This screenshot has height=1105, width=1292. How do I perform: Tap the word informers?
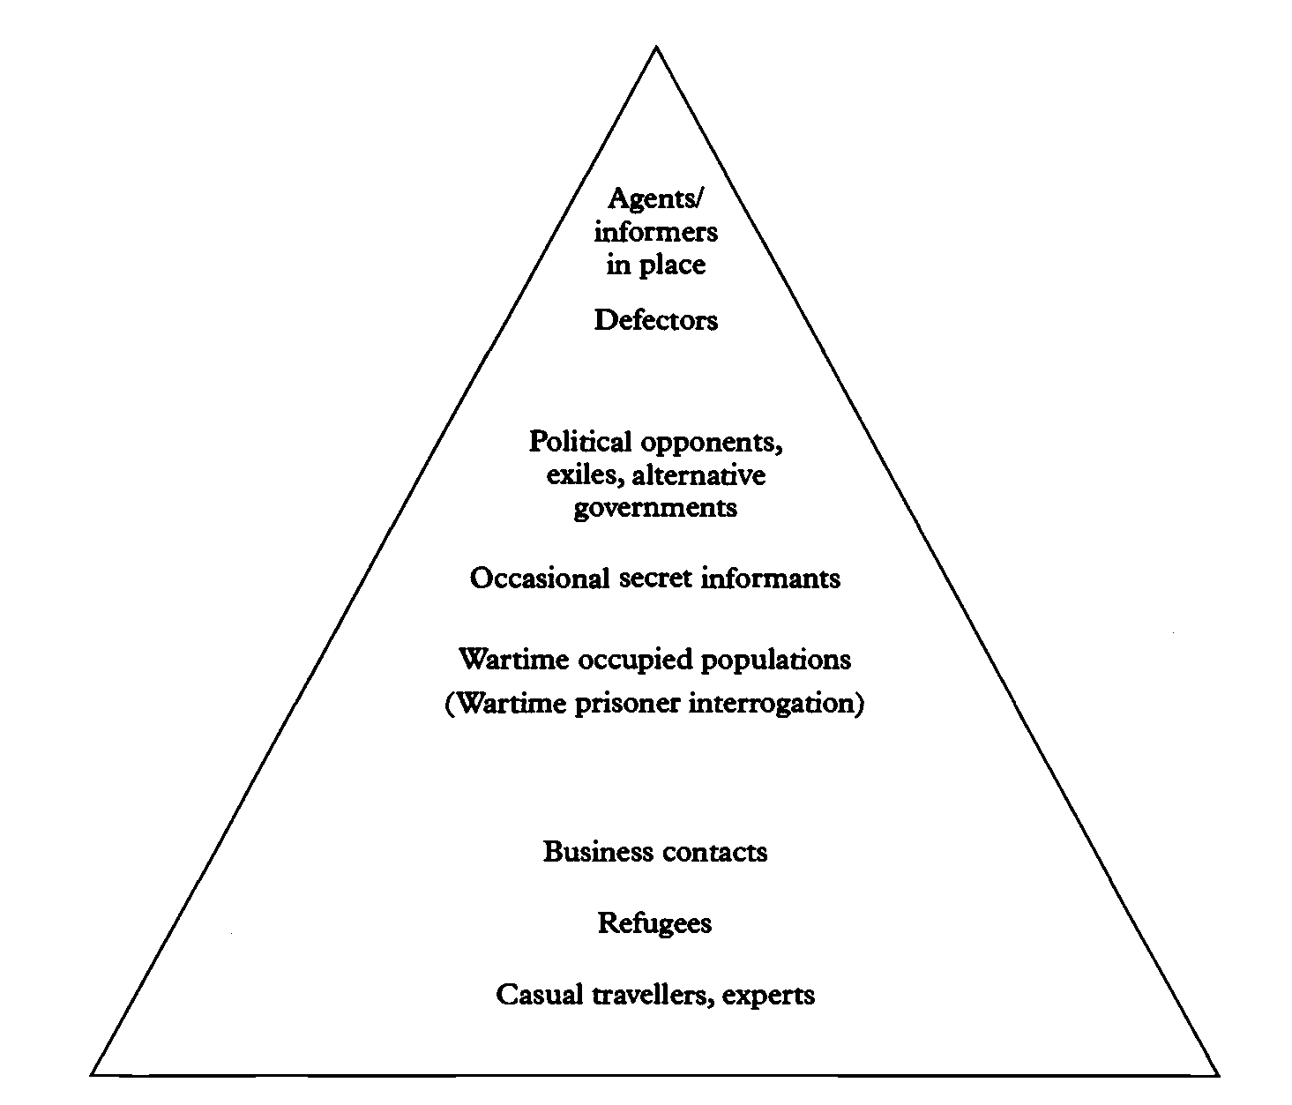655,232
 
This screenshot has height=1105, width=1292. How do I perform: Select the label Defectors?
655,320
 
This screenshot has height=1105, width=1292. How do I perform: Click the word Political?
580,441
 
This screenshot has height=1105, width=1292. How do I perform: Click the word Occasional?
540,579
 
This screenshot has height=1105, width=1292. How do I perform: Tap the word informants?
770,579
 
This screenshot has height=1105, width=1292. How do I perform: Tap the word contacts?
714,853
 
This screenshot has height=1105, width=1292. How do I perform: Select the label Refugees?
654,924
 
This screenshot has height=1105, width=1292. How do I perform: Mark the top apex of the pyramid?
655,47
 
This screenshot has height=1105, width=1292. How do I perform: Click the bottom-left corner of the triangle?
92,1075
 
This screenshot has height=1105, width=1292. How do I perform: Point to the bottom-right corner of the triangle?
1219,1075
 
